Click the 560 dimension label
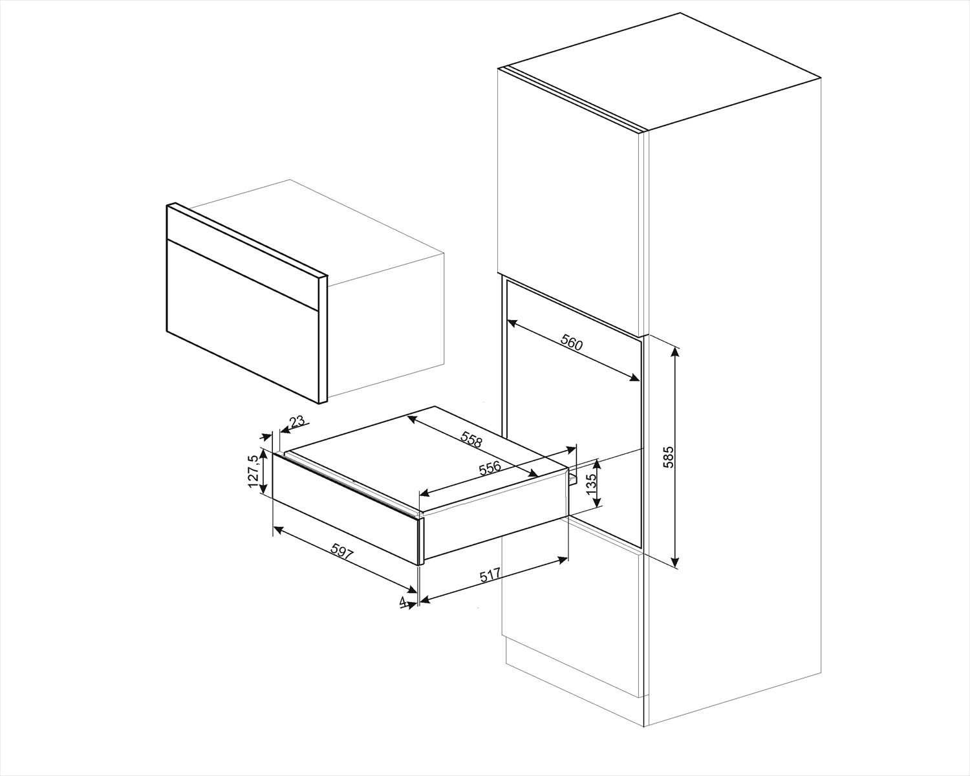point(572,343)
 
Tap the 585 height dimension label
point(669,457)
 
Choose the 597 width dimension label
point(343,552)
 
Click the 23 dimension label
point(297,422)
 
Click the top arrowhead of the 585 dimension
point(676,351)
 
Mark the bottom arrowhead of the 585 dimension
point(676,563)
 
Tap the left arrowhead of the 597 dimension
point(277,530)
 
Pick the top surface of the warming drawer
point(427,453)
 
